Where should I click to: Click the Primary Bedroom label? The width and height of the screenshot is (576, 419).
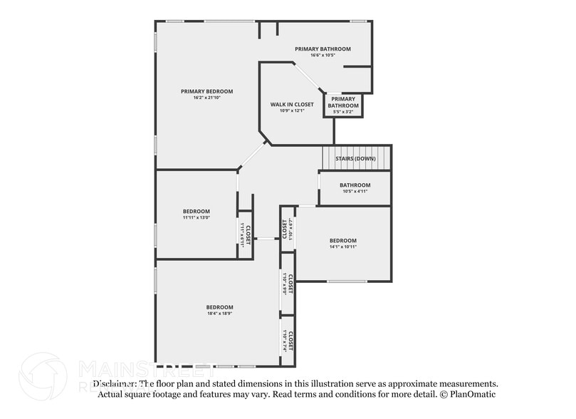[x=206, y=91]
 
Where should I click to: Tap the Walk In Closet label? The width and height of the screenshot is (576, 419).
[x=291, y=105]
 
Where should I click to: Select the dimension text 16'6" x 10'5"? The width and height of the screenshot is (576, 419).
[x=323, y=55]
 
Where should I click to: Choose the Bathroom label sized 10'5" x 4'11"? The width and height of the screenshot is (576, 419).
[x=355, y=185]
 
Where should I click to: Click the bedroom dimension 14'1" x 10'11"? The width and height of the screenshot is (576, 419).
[x=342, y=247]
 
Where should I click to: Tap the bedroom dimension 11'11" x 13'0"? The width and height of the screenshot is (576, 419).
[x=196, y=217]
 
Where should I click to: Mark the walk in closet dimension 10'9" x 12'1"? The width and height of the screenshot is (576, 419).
[x=291, y=110]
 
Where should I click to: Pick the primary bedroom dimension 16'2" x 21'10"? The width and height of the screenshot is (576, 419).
[x=206, y=98]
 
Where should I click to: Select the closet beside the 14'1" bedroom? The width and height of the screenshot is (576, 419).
[x=288, y=229]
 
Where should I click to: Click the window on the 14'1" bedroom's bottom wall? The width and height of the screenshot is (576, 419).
[x=347, y=281]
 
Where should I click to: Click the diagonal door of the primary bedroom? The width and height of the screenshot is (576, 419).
[x=253, y=155]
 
